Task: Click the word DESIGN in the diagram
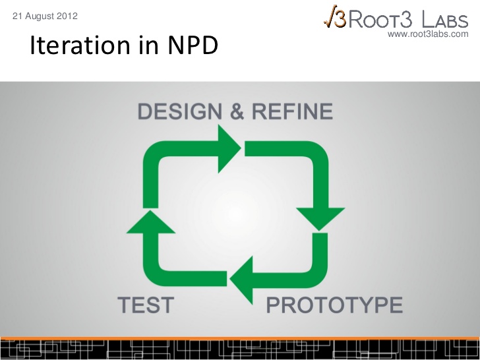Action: [180, 111]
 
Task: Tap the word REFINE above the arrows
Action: [292, 111]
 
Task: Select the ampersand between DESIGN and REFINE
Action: [237, 111]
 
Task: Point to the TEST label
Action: [146, 305]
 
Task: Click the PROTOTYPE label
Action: [334, 305]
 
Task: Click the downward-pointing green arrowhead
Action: [320, 219]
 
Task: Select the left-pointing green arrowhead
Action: [241, 280]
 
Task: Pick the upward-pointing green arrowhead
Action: [150, 222]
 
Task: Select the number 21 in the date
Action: [17, 16]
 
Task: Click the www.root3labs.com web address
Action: [428, 34]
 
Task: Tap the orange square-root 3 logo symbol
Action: [335, 16]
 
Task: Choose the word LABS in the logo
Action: [445, 19]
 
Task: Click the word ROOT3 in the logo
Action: [380, 19]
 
